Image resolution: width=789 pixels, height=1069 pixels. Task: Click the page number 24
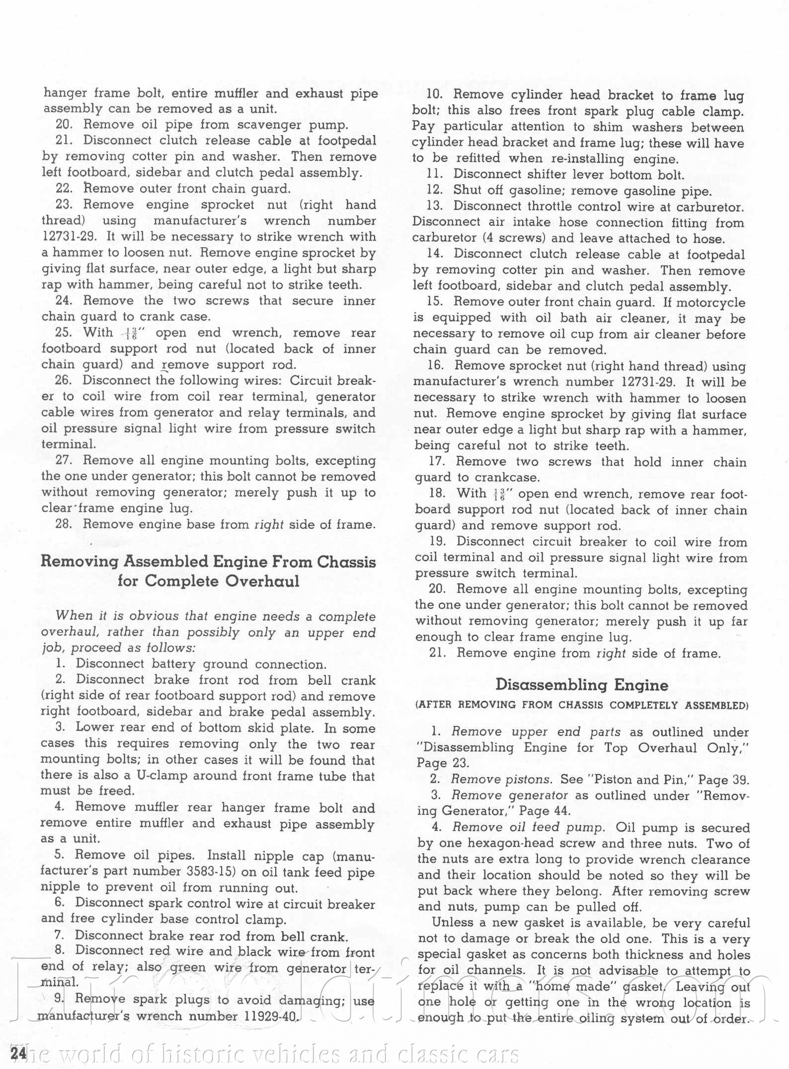click(18, 1053)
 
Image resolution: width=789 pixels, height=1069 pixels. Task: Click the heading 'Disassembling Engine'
click(582, 685)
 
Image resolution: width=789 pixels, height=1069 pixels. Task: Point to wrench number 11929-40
click(270, 1016)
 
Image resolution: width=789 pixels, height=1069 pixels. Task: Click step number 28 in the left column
click(64, 524)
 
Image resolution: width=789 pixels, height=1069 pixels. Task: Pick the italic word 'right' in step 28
click(269, 525)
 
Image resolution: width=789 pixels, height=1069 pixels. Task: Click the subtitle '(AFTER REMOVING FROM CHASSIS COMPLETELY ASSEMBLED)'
click(582, 705)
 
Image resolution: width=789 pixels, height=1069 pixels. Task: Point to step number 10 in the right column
click(435, 95)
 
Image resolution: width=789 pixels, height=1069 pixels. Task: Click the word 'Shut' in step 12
click(467, 190)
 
